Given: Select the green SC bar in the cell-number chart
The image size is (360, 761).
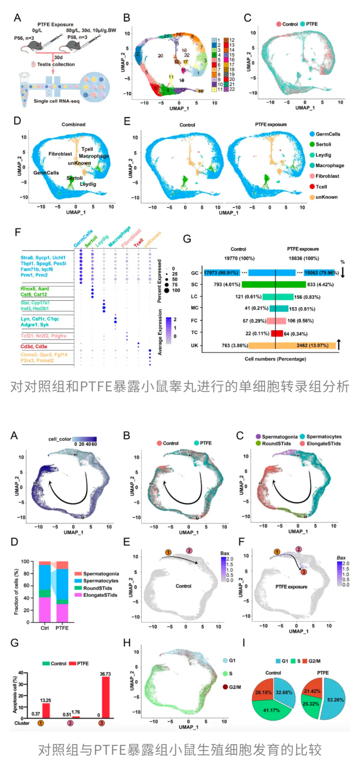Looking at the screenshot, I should [274, 285].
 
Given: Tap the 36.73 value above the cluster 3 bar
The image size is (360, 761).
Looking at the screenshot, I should [105, 674].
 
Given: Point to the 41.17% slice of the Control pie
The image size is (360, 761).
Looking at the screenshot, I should [271, 710].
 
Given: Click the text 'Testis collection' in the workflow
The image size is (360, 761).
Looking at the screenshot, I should [56, 64].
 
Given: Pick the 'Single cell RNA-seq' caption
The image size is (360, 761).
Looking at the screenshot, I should [56, 101].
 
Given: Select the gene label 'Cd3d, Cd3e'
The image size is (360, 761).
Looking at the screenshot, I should [34, 346].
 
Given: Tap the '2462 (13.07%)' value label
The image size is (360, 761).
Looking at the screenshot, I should [312, 346].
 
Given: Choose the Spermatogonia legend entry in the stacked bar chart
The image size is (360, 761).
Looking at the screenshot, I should [101, 574].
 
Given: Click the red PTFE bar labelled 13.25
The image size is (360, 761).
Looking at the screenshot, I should [46, 710].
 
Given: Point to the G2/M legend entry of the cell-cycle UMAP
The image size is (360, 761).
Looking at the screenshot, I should [235, 687].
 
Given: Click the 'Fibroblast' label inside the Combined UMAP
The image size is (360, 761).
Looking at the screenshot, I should [60, 154].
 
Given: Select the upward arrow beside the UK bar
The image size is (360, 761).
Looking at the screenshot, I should [339, 344].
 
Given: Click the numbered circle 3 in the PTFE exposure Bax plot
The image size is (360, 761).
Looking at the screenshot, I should [304, 572].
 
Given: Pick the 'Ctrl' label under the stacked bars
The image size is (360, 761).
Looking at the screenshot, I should [45, 628].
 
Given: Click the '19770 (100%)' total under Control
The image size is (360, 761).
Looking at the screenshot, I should [239, 258].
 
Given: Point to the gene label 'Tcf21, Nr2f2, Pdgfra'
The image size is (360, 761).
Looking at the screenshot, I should [43, 336].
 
